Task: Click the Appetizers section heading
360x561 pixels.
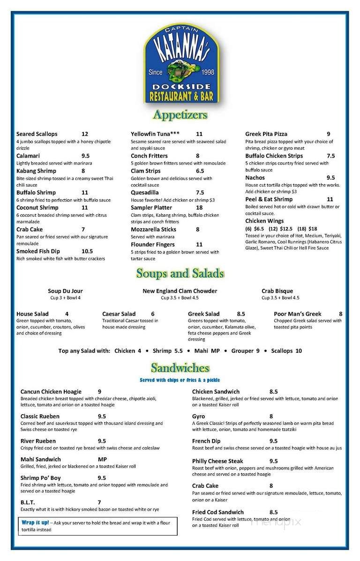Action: (x=180, y=114)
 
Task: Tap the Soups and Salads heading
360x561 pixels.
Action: (x=180, y=273)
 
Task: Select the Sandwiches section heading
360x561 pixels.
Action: (x=180, y=368)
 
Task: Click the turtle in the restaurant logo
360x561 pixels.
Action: (x=180, y=70)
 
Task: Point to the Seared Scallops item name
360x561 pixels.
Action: (x=37, y=134)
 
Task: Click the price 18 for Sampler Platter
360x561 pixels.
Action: (x=199, y=208)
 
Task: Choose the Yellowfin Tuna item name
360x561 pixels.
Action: (x=155, y=134)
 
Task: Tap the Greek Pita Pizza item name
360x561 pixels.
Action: (x=266, y=134)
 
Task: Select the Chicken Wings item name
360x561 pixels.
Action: (x=264, y=221)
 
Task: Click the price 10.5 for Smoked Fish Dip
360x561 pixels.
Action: (x=87, y=251)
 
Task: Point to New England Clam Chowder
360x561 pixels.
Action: (x=180, y=291)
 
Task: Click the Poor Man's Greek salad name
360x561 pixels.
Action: (x=298, y=314)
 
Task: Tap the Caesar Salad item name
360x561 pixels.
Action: (x=119, y=314)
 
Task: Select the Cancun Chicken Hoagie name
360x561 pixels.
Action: (x=51, y=392)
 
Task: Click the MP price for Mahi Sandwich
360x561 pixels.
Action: (x=103, y=460)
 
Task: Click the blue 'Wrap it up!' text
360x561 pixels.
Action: (x=35, y=523)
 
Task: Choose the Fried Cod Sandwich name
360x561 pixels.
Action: (x=218, y=513)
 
